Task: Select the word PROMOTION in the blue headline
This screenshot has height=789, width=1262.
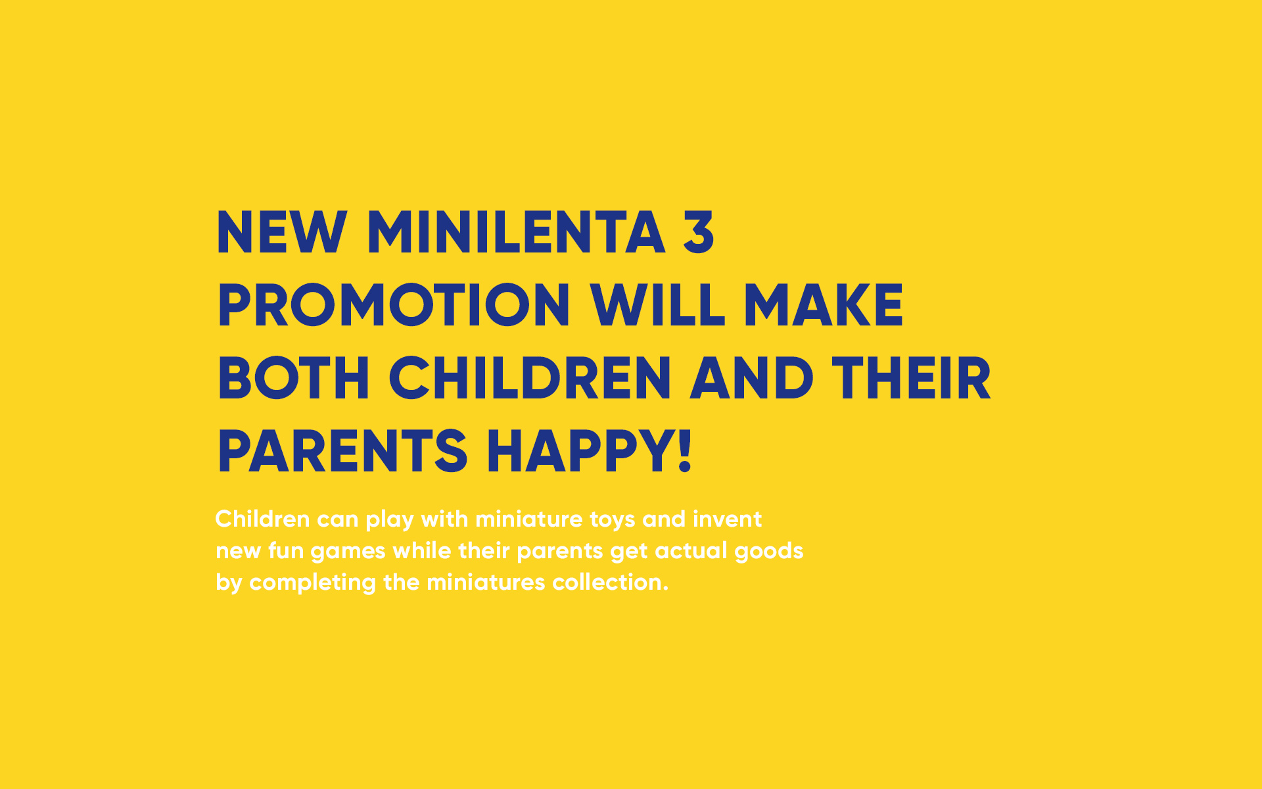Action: [x=394, y=305]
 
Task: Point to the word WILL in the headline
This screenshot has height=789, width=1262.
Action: [x=657, y=305]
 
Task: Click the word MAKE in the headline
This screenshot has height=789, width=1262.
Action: [x=824, y=305]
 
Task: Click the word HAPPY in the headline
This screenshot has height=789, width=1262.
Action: [x=580, y=451]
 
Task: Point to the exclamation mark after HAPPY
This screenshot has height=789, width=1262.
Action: [x=685, y=451]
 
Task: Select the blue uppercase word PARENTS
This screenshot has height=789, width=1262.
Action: [x=342, y=451]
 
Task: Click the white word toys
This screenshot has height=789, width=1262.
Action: [x=612, y=520]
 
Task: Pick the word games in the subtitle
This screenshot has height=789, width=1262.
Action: [x=348, y=552]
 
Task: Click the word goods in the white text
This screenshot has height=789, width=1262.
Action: [x=768, y=552]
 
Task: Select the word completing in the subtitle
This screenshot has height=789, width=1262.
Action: [x=312, y=583]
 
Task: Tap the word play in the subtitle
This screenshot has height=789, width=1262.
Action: [x=390, y=520]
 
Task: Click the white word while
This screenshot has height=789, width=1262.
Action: [x=421, y=550]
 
